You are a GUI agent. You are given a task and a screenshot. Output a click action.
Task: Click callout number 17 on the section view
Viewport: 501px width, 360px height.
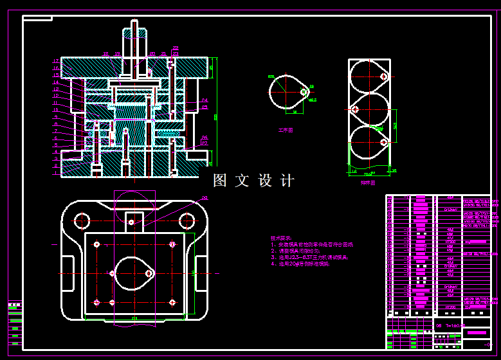coord(56,60)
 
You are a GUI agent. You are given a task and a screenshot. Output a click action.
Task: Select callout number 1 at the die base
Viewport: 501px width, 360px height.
coord(56,171)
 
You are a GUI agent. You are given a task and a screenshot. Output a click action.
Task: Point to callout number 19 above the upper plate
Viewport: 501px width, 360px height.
coord(118,54)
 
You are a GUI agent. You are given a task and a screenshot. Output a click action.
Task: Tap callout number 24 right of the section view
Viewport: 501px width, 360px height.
coord(204,100)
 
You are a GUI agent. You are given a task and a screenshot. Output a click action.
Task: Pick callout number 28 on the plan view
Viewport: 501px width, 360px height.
coord(204,198)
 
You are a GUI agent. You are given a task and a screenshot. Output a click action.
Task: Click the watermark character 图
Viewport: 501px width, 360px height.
coord(220,181)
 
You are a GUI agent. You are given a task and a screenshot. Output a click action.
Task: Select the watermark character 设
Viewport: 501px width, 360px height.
coord(266,181)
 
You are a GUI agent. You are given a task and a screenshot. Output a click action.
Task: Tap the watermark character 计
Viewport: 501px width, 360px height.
coord(288,181)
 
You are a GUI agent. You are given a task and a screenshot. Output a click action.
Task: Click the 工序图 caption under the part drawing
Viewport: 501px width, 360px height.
coord(285,130)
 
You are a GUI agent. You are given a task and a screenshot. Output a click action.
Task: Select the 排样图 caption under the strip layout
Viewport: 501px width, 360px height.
coord(367,182)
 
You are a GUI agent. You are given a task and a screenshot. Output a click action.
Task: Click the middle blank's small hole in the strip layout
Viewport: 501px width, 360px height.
coord(355,109)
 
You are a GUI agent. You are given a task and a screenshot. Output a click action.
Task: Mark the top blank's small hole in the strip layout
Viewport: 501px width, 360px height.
coord(383,76)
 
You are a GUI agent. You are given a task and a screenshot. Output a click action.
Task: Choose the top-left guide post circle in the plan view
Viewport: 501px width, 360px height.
coord(82,221)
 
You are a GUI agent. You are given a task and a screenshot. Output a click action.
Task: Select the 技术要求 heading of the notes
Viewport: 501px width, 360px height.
coord(280,238)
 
